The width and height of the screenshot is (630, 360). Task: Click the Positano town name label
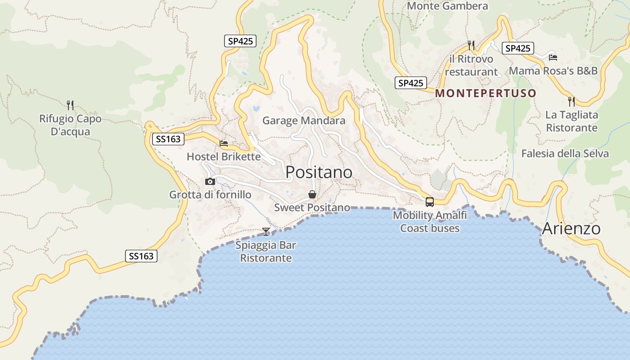tap(319, 172)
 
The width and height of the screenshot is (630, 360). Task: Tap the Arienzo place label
tap(571, 229)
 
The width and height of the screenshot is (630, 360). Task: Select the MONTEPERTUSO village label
tap(486, 93)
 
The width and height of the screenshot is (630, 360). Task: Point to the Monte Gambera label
tap(447, 6)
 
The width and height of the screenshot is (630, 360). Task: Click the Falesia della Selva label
tap(565, 153)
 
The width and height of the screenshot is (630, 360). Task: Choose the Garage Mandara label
tap(304, 121)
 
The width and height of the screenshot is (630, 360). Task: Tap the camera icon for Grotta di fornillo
tap(210, 181)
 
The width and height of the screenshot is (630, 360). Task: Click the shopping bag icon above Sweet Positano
tap(312, 194)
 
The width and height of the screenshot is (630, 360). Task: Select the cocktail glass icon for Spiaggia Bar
tap(266, 232)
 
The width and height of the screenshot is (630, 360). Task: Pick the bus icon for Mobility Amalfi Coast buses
tap(430, 202)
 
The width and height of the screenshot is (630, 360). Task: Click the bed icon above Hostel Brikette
tap(224, 144)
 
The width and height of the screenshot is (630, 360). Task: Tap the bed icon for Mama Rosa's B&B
tap(553, 57)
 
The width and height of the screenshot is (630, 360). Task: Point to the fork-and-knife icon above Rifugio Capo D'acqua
tap(70, 105)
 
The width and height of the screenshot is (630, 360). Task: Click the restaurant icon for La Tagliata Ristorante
tap(571, 101)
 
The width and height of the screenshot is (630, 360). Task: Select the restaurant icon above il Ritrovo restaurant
tap(471, 45)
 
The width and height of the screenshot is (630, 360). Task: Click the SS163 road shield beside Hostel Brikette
tap(168, 139)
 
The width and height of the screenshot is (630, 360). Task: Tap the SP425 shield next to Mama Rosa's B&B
tap(517, 48)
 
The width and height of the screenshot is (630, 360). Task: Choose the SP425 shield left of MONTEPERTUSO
tap(411, 83)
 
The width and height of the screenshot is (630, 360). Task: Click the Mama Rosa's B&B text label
tap(553, 71)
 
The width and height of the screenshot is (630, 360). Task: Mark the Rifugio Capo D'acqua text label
tap(70, 125)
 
